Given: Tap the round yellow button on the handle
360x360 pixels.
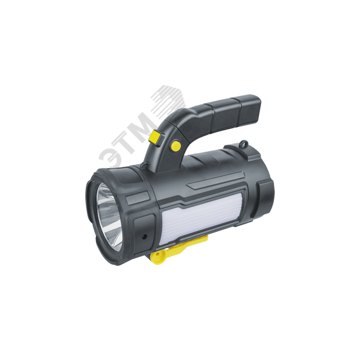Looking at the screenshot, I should click(175, 146).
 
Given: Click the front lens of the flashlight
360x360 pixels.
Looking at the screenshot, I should click(108, 212).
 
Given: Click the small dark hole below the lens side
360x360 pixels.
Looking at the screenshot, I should click(146, 233).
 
